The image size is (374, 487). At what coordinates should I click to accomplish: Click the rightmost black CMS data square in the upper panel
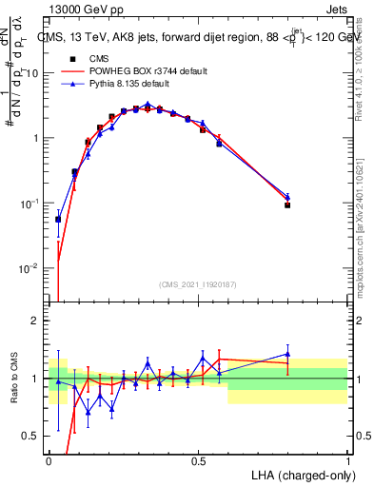click(287, 205)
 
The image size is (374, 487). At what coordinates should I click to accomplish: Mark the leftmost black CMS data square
click(58, 219)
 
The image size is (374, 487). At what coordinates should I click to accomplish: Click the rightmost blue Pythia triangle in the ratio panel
click(287, 354)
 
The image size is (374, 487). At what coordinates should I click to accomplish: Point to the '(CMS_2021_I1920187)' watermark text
click(198, 283)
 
